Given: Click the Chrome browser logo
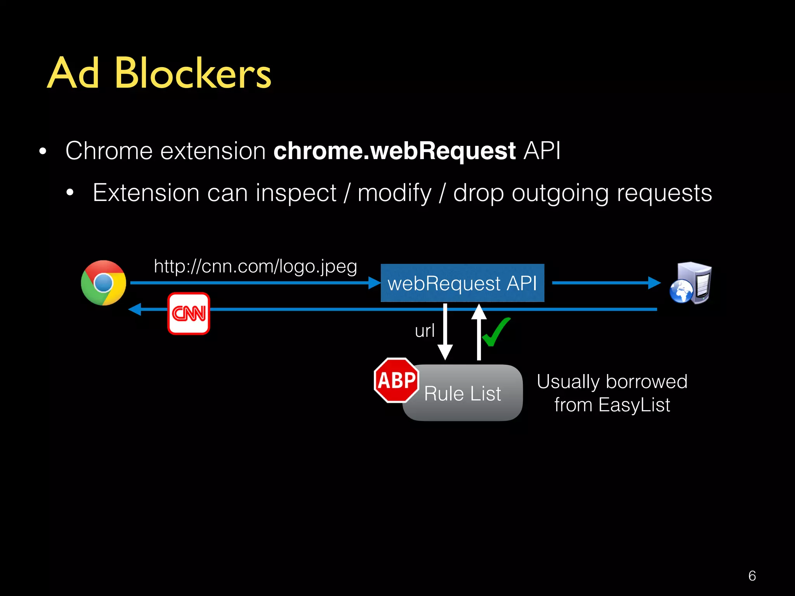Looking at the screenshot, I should pos(103,283).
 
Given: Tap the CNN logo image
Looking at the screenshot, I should pos(189,314).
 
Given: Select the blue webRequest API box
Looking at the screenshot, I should pos(462,283).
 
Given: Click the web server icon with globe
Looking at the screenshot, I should pos(691,283).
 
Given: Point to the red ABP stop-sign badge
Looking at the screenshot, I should pos(396,380).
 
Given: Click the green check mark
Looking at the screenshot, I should pos(496,332).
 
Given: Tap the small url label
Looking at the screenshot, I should pos(425,331).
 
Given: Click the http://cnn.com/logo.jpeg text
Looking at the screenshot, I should pos(255,267).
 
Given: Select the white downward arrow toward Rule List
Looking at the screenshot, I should pos(445,334).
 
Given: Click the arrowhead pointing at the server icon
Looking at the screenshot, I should pos(654,283).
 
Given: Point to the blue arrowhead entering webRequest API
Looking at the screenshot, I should pos(374,283).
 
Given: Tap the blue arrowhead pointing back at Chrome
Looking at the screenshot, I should pos(135,309).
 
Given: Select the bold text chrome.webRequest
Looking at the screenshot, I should pos(394,151).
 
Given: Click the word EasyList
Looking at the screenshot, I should pos(634,405).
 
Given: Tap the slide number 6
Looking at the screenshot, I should pos(752,576).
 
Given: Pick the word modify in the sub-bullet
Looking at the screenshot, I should pos(394,193).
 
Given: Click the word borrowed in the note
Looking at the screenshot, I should pos(647,382).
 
